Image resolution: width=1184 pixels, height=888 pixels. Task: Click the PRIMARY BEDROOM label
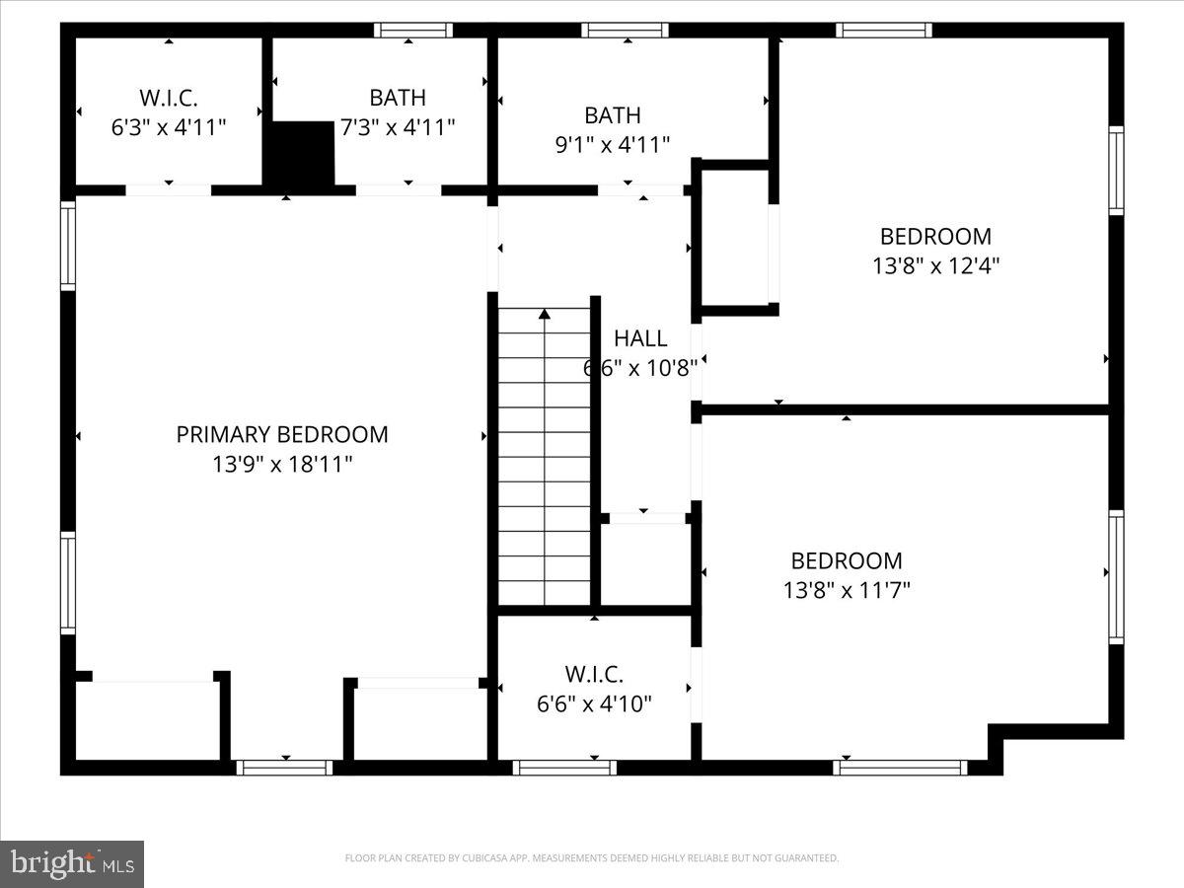pyautogui.click(x=282, y=435)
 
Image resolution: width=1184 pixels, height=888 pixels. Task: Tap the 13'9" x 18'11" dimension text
pyautogui.click(x=282, y=464)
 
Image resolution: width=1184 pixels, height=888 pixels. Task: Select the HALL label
pyautogui.click(x=640, y=338)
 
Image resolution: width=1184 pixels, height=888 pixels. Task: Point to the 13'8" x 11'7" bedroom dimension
pyautogui.click(x=847, y=590)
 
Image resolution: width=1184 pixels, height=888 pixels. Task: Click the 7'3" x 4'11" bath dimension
pyautogui.click(x=398, y=127)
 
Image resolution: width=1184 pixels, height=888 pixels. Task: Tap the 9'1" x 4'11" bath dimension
pyautogui.click(x=612, y=144)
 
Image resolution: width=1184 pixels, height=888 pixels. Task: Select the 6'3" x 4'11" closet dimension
pyautogui.click(x=169, y=127)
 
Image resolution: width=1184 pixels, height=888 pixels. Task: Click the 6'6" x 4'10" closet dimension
pyautogui.click(x=594, y=704)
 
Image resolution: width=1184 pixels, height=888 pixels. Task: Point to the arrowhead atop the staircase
pyautogui.click(x=544, y=315)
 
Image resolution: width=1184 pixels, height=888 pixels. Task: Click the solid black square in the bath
pyautogui.click(x=302, y=152)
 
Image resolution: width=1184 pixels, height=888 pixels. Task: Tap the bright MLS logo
pyautogui.click(x=72, y=863)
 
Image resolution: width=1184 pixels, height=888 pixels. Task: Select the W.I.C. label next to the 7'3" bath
pyautogui.click(x=169, y=98)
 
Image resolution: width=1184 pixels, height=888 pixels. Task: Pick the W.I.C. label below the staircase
pyautogui.click(x=594, y=675)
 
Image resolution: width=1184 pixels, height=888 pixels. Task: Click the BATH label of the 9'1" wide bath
pyautogui.click(x=612, y=115)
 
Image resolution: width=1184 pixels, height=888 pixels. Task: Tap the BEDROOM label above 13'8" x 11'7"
pyautogui.click(x=847, y=560)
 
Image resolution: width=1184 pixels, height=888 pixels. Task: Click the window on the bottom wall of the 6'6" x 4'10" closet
pyautogui.click(x=564, y=767)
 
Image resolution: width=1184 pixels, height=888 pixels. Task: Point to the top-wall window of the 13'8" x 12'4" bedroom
pyautogui.click(x=884, y=30)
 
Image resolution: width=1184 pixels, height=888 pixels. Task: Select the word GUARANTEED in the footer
pyautogui.click(x=807, y=858)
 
